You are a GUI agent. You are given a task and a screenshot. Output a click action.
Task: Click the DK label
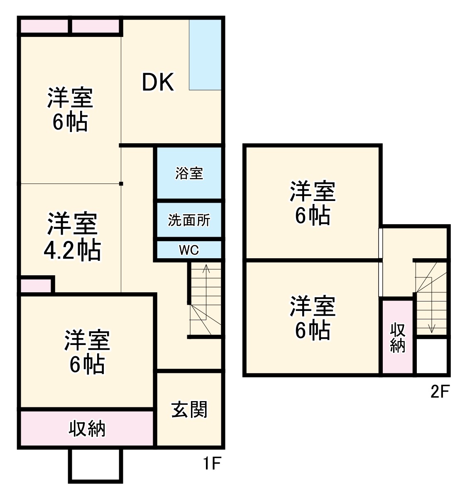[158, 82]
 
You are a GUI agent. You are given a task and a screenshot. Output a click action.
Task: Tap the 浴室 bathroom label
[189, 173]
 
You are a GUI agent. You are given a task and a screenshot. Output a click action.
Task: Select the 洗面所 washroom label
[189, 220]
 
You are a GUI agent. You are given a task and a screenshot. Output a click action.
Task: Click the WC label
[189, 250]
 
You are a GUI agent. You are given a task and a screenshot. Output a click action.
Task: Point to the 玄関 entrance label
[189, 410]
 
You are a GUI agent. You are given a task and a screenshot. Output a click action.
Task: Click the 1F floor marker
[211, 463]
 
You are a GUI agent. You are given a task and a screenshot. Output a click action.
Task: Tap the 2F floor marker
[440, 391]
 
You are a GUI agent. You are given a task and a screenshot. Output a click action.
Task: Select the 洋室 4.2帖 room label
[72, 237]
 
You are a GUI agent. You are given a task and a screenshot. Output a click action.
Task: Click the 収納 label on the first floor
[87, 429]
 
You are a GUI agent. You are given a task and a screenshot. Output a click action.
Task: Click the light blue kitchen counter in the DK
[205, 54]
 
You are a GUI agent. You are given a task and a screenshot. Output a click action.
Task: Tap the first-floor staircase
[206, 299]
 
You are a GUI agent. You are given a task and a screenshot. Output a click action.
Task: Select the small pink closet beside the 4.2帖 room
[36, 285]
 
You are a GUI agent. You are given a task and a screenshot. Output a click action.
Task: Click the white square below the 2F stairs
[432, 356]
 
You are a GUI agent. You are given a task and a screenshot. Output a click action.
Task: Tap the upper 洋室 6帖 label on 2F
[313, 203]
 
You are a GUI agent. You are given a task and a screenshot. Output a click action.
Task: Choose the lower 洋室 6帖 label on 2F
[313, 318]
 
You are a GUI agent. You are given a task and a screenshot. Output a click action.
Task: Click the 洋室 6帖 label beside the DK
[70, 110]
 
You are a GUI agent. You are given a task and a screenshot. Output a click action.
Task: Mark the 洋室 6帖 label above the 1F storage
[87, 352]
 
